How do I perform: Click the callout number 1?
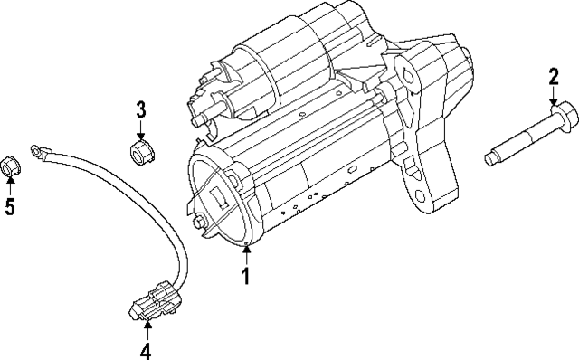pyautogui.click(x=244, y=276)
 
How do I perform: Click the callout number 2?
pyautogui.click(x=553, y=79)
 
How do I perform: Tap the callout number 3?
pyautogui.click(x=140, y=110)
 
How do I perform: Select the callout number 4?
pyautogui.click(x=144, y=351)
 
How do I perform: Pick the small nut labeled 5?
pyautogui.click(x=10, y=166)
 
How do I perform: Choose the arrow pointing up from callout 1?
pyautogui.click(x=244, y=254)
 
